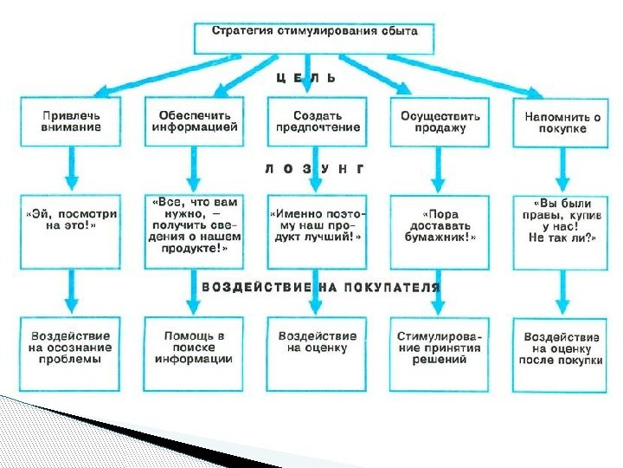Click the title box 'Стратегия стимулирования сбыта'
(314, 31)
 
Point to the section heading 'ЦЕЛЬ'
(305, 78)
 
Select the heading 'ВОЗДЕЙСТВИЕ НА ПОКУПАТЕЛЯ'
(321, 287)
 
